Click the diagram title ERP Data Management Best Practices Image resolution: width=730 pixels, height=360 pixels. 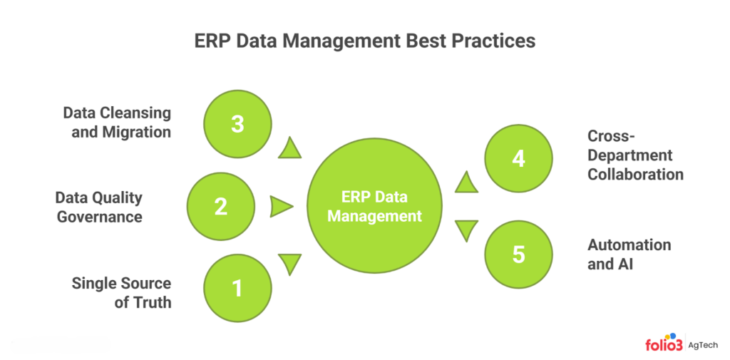[x=364, y=41]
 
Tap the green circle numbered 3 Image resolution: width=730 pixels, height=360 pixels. [x=237, y=123]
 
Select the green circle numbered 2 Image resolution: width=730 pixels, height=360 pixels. [x=221, y=207]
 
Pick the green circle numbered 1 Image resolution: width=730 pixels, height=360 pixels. [x=237, y=289]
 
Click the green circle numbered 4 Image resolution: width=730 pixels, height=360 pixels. [x=518, y=158]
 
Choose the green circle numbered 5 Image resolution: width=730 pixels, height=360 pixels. [x=518, y=254]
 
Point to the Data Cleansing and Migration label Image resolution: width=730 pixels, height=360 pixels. [x=117, y=123]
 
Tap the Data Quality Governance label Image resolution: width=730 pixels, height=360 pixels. [x=98, y=207]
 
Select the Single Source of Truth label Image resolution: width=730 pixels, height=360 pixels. [x=121, y=292]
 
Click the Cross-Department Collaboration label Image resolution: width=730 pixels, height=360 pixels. [x=634, y=155]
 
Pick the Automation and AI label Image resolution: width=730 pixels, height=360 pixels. [x=629, y=254]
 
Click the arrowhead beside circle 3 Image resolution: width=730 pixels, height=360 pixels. [x=291, y=149]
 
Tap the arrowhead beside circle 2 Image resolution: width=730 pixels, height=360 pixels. [x=281, y=207]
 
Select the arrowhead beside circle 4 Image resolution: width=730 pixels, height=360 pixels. [x=466, y=182]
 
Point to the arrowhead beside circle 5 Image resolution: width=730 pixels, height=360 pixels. [x=466, y=229]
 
